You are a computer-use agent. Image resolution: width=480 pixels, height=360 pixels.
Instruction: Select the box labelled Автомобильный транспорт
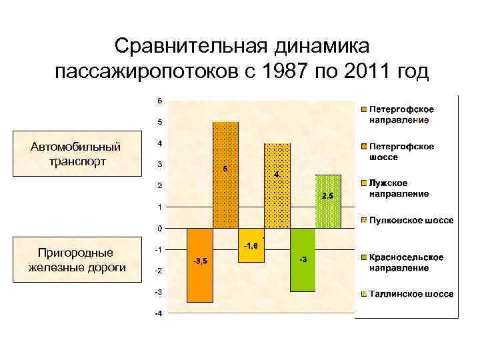(76, 153)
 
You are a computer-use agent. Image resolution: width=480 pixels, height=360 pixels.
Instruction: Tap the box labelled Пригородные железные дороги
(76, 260)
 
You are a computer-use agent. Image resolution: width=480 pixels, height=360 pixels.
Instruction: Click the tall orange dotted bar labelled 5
(225, 175)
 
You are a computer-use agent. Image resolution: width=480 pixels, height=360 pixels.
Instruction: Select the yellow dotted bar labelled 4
(277, 185)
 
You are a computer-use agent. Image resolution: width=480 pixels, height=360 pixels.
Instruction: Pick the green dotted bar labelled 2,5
(328, 201)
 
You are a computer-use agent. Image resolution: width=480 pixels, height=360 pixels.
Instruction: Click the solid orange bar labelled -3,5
(200, 265)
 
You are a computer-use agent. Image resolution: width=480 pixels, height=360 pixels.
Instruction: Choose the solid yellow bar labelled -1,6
(251, 245)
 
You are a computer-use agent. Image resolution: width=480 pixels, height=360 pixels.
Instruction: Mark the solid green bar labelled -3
(303, 260)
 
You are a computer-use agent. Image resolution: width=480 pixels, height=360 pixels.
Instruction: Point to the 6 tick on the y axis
(159, 101)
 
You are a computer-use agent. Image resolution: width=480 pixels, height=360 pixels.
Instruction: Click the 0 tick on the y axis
(159, 228)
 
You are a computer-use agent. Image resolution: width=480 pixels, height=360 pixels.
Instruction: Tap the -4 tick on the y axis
(157, 313)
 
